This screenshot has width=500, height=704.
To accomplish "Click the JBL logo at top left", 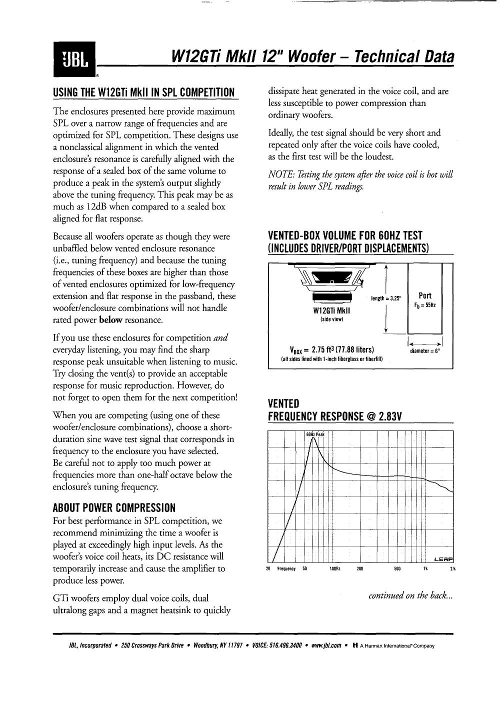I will [x=74, y=59].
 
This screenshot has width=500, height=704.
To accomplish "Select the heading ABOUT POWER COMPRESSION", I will [x=114, y=508].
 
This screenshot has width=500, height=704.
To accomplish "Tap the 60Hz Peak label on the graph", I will [x=315, y=434].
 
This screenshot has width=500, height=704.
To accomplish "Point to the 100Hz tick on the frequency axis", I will [x=334, y=569].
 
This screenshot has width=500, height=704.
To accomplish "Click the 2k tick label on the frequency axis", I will [x=452, y=569].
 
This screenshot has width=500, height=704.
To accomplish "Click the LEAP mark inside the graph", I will [x=443, y=558].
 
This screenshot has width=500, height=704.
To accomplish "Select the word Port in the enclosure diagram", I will [x=425, y=295].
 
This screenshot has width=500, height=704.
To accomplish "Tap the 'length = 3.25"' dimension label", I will [x=386, y=298].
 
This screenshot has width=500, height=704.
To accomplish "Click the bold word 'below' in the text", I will [x=111, y=320].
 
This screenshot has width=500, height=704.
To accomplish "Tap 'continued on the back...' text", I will [x=410, y=595].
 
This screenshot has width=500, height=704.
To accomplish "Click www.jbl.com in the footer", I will [x=326, y=645].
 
